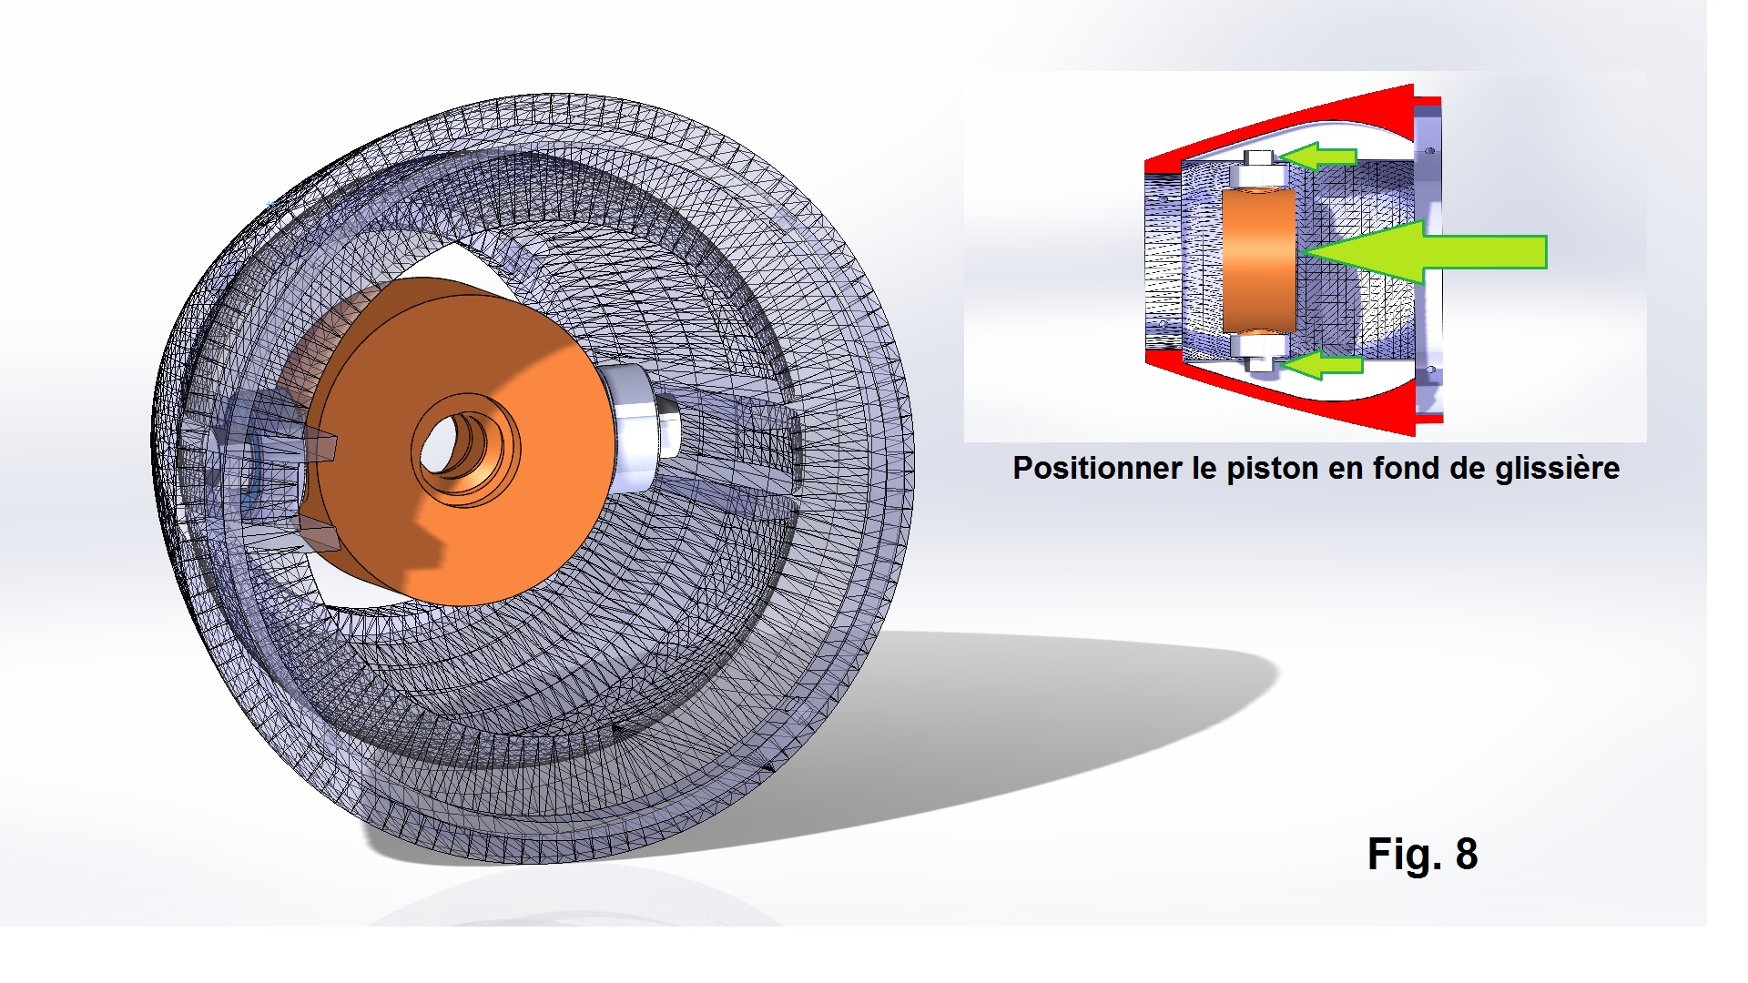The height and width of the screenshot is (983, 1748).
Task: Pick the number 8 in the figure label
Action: pyautogui.click(x=1467, y=855)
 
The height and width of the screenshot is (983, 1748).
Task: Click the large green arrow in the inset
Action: pyautogui.click(x=1425, y=252)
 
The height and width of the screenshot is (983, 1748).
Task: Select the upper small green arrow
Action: pyautogui.click(x=1320, y=157)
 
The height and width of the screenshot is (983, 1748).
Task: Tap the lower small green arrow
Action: pyautogui.click(x=1322, y=365)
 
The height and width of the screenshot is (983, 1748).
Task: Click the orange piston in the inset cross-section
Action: pyautogui.click(x=1257, y=260)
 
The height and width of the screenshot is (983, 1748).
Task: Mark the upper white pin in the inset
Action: pyautogui.click(x=1257, y=170)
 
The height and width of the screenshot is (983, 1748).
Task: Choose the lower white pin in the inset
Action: pyautogui.click(x=1257, y=350)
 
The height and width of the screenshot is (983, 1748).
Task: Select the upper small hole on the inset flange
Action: pyautogui.click(x=1430, y=151)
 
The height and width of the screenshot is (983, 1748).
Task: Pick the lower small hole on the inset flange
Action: pyautogui.click(x=1430, y=370)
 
